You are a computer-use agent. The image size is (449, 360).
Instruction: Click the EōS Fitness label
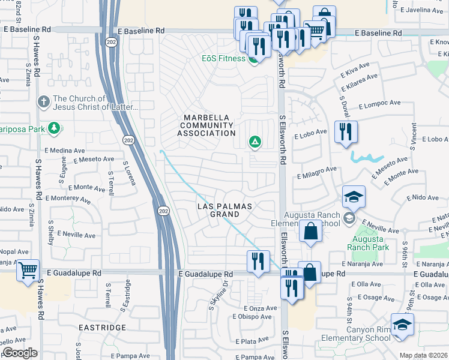223,58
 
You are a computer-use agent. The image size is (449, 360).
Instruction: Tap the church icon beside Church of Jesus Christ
43,102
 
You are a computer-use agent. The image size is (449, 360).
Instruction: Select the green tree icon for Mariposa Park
54,128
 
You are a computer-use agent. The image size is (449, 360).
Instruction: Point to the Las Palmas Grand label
225,210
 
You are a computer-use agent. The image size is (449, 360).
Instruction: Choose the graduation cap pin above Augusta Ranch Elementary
354,197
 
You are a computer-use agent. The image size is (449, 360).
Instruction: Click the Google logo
20,353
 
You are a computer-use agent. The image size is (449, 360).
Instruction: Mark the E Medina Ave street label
64,151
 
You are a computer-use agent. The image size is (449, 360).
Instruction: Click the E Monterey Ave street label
67,198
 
